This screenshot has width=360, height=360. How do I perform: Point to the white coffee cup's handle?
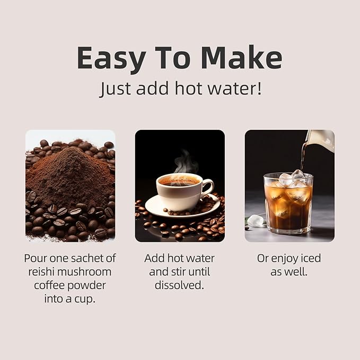tap(207, 186)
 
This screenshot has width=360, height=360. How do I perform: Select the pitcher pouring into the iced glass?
tap(321, 139)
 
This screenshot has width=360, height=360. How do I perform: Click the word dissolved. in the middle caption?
tap(180, 285)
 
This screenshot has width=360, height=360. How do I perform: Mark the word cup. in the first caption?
tap(84, 298)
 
